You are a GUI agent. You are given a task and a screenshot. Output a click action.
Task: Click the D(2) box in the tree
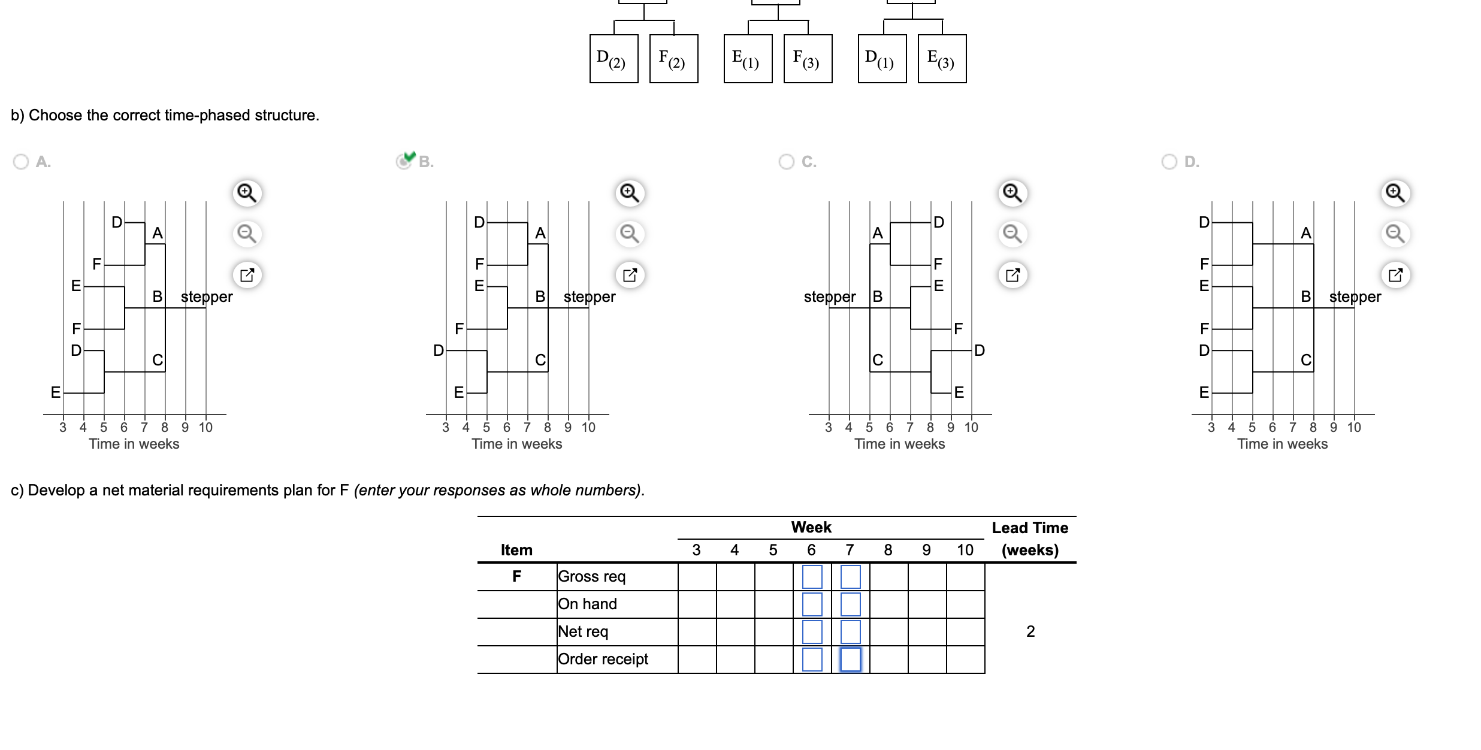[613, 59]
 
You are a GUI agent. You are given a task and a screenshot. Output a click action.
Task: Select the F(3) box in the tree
[808, 59]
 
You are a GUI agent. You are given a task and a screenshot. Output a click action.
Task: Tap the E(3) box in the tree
[942, 59]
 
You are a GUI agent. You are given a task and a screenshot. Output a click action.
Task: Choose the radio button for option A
[21, 162]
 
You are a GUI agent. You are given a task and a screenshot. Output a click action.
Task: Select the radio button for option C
[787, 162]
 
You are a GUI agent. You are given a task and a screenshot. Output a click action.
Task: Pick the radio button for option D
[1169, 162]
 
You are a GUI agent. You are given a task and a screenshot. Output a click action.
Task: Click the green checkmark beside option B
[410, 157]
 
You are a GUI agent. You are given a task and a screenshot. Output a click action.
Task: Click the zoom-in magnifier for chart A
[247, 193]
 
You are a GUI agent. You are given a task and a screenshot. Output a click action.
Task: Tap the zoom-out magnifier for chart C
[1012, 234]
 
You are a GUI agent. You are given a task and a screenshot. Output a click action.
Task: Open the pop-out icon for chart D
[1395, 275]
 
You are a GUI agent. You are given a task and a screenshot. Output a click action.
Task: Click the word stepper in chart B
[590, 297]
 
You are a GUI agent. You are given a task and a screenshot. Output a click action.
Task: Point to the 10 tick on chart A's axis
[205, 427]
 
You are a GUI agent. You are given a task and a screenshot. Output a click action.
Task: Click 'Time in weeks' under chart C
[899, 444]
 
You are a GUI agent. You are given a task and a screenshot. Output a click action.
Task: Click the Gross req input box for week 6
[812, 577]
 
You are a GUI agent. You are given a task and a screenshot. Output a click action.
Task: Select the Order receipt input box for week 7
[850, 660]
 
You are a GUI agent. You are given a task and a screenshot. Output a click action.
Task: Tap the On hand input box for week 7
[850, 604]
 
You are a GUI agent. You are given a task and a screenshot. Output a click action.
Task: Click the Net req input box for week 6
[812, 632]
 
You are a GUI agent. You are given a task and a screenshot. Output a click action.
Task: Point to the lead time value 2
[1030, 631]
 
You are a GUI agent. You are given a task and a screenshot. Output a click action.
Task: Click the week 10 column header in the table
[965, 550]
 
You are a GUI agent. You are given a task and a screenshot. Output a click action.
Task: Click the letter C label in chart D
[1306, 360]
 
